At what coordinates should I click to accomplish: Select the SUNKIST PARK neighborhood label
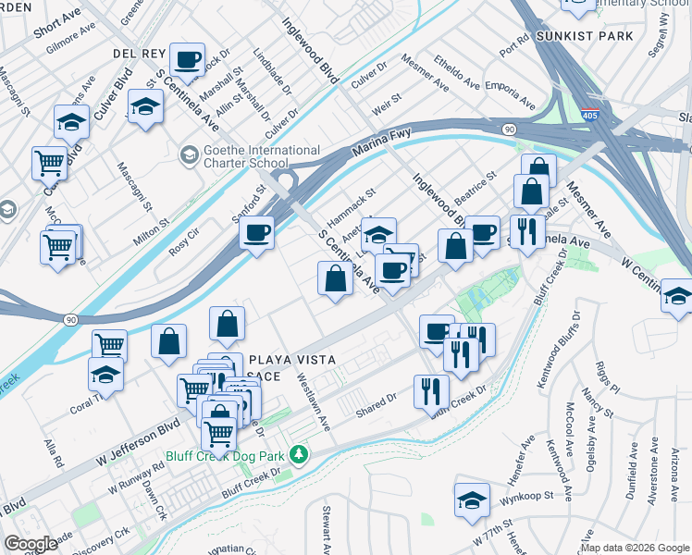pos(584,36)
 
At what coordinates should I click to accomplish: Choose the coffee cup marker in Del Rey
pos(188,61)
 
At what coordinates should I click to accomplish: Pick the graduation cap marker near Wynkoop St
pos(472,499)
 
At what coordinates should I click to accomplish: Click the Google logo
pos(31,543)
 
